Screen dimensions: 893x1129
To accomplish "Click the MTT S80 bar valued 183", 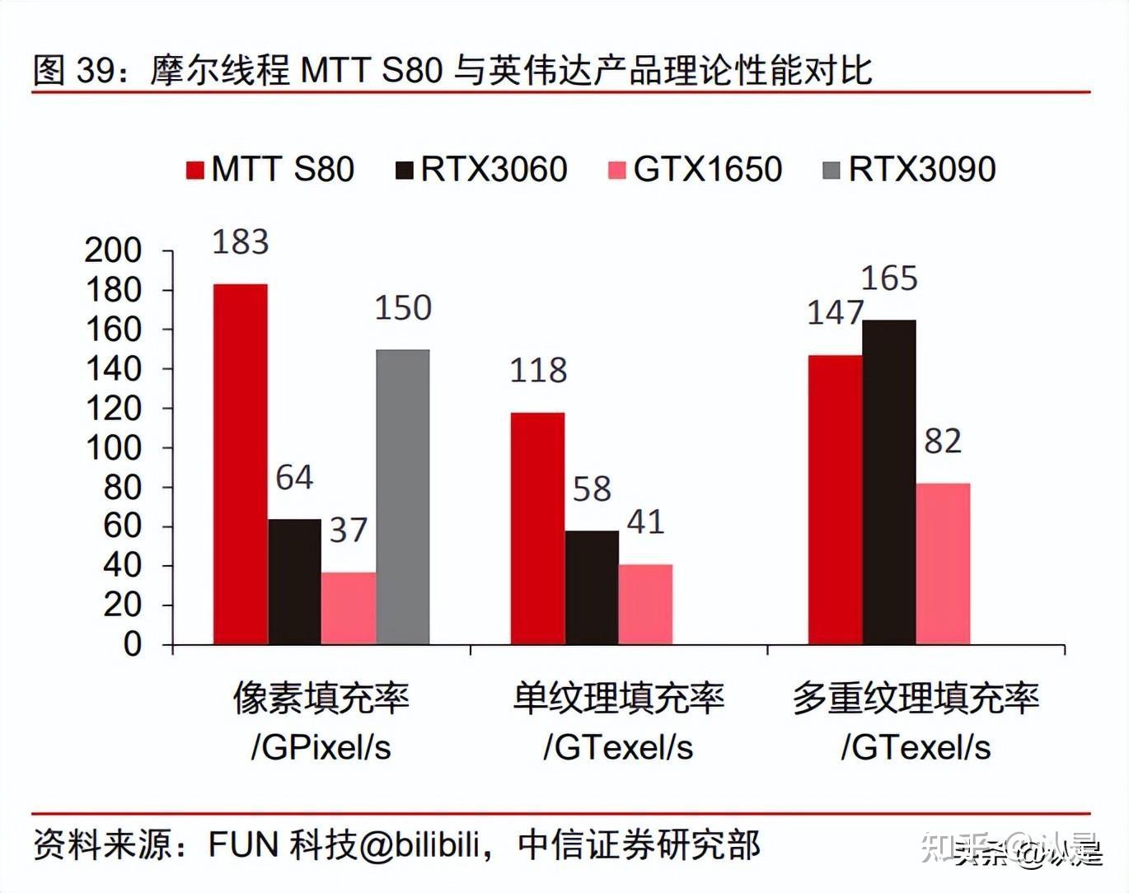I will coord(240,464).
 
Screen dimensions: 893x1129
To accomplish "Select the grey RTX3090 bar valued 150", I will coord(403,497).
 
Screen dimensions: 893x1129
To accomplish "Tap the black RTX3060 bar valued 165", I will coord(889,482).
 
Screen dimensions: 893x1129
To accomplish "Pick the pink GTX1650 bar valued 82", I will coord(943,563).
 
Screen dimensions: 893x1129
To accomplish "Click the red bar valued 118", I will coord(537,528).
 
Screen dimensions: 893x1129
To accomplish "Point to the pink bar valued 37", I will coord(349,608).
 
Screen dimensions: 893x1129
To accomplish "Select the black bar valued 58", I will coord(592,587).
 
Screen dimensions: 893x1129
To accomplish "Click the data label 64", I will coord(294,478).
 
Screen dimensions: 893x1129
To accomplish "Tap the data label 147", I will coord(835,313).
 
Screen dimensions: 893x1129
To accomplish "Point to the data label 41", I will coord(645,522).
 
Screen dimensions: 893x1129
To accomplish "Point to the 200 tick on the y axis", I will coord(113,250).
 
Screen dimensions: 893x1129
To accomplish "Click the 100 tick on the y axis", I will coord(113,448).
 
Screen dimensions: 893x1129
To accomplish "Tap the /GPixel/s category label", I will coord(321,747).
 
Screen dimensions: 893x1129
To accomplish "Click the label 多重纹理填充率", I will coord(916,698).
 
